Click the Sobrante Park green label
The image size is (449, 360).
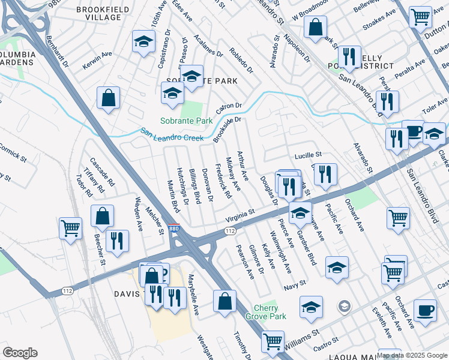[187, 121]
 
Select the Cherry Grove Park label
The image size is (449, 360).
[266, 311]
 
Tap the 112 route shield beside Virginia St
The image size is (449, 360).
[229, 230]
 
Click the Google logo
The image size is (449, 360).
[20, 352]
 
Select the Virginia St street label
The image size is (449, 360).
[240, 214]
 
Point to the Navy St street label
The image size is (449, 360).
[295, 282]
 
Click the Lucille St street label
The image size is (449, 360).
[308, 155]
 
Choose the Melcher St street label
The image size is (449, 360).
[155, 220]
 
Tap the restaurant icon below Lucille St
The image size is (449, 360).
[325, 174]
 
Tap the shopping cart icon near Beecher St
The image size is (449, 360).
[70, 228]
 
